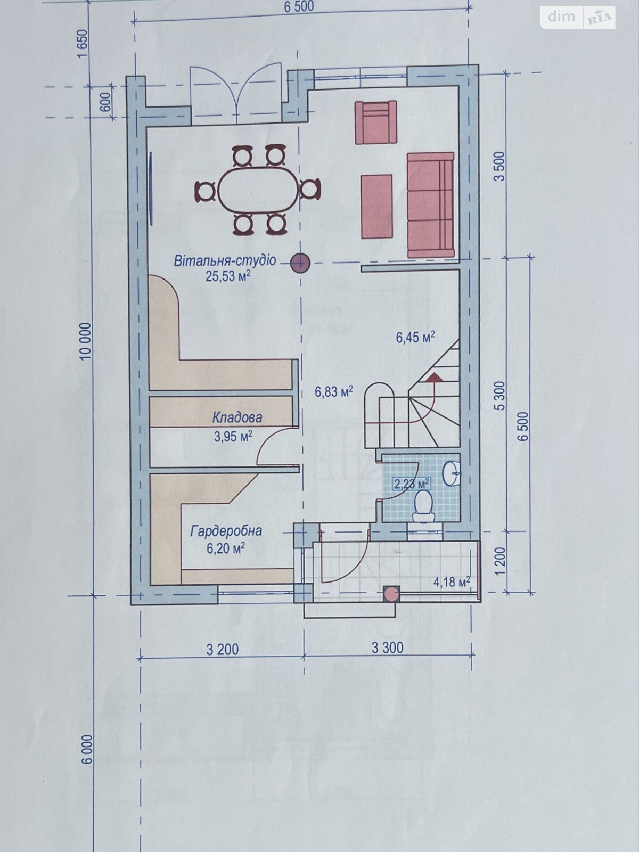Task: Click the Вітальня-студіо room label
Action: pos(225,261)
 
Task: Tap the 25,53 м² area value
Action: pos(228,275)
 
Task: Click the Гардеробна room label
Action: pos(226,531)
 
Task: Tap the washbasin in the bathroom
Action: pos(452,473)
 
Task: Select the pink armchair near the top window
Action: pos(376,122)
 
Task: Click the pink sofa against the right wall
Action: pos(430,204)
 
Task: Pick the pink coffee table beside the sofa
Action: pos(377,206)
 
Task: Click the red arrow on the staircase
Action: pos(434,378)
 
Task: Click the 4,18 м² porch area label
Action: pos(452,582)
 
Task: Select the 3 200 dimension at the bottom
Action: pos(223,650)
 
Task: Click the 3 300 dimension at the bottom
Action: pos(387,648)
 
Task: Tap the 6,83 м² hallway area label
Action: pos(334,392)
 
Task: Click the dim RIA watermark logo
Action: pos(578,17)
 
